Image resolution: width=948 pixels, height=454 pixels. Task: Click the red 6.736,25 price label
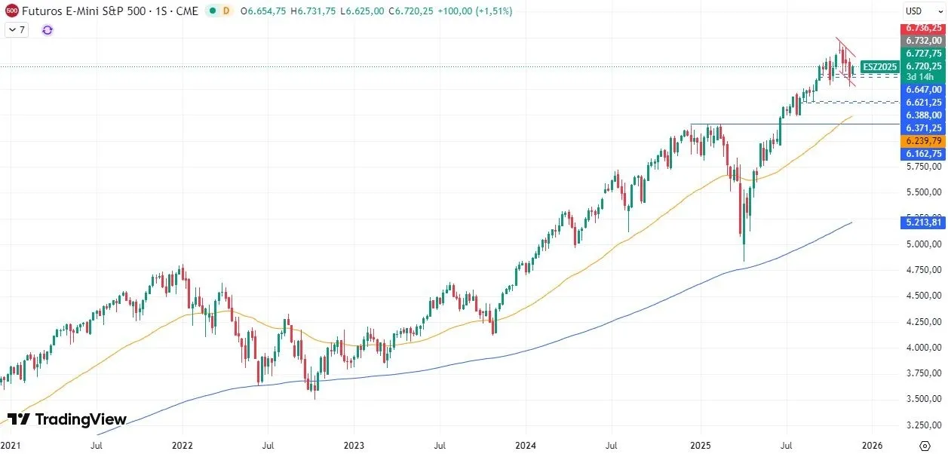pyautogui.click(x=923, y=28)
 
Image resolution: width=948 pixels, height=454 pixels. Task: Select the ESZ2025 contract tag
pyautogui.click(x=879, y=66)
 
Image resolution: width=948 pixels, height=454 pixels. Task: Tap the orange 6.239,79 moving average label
pyautogui.click(x=923, y=141)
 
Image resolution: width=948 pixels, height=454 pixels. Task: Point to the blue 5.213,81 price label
pyautogui.click(x=923, y=222)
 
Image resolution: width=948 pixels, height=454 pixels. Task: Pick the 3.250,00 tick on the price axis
pyautogui.click(x=923, y=424)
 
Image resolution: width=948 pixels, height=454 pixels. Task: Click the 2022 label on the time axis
pyautogui.click(x=183, y=445)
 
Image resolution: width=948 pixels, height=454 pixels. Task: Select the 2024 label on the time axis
pyautogui.click(x=526, y=445)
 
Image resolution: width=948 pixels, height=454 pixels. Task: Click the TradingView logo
pyautogui.click(x=66, y=419)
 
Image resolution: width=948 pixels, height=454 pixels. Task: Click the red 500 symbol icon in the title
pyautogui.click(x=11, y=11)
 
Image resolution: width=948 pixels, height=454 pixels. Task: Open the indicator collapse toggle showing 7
pyautogui.click(x=17, y=29)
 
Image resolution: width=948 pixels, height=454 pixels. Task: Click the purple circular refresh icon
pyautogui.click(x=48, y=29)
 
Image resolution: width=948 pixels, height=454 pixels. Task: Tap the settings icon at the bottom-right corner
pyautogui.click(x=925, y=445)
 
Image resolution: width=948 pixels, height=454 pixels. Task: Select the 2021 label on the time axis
pyautogui.click(x=11, y=445)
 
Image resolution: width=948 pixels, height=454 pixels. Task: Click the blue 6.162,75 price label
pyautogui.click(x=923, y=153)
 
